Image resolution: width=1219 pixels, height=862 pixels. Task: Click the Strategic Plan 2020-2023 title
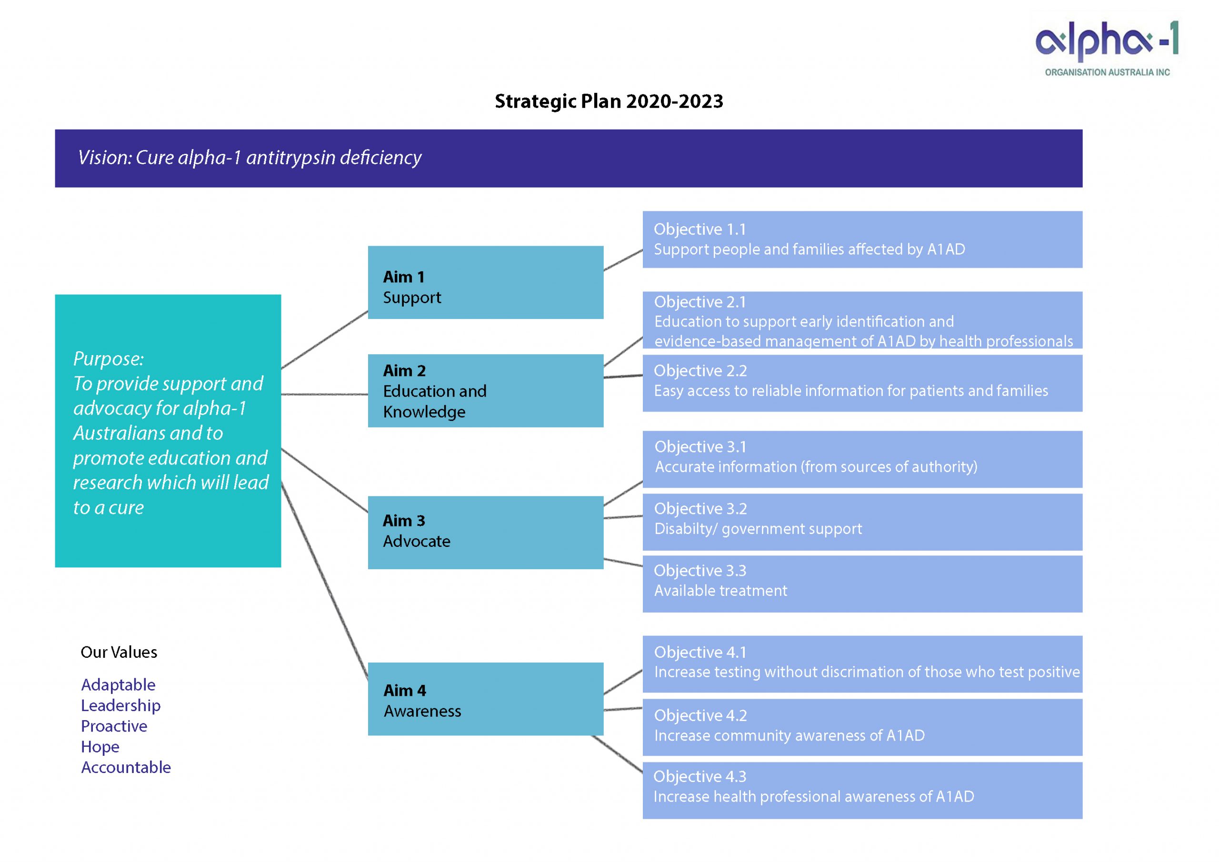609,101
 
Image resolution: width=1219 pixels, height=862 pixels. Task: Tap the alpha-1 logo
1107,48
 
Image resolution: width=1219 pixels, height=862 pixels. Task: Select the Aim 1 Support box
485,282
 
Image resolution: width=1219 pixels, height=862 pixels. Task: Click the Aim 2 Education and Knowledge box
485,391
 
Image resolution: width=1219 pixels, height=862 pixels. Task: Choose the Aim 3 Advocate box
485,532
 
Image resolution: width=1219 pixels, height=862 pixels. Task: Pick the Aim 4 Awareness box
485,699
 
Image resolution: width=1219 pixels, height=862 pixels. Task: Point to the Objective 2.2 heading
700,370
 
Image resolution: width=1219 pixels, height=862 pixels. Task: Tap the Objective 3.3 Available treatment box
862,584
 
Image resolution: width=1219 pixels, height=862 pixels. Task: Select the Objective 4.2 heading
700,715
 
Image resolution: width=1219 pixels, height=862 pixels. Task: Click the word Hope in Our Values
100,747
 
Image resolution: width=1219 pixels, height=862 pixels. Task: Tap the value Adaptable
118,685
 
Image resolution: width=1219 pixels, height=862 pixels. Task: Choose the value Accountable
126,768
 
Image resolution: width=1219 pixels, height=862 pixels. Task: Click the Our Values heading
119,653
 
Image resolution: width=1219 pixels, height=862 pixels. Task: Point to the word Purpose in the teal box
108,359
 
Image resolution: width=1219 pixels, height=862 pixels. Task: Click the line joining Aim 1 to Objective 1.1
623,260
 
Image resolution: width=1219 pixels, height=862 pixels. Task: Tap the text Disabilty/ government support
758,529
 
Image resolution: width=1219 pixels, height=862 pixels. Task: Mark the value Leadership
120,705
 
